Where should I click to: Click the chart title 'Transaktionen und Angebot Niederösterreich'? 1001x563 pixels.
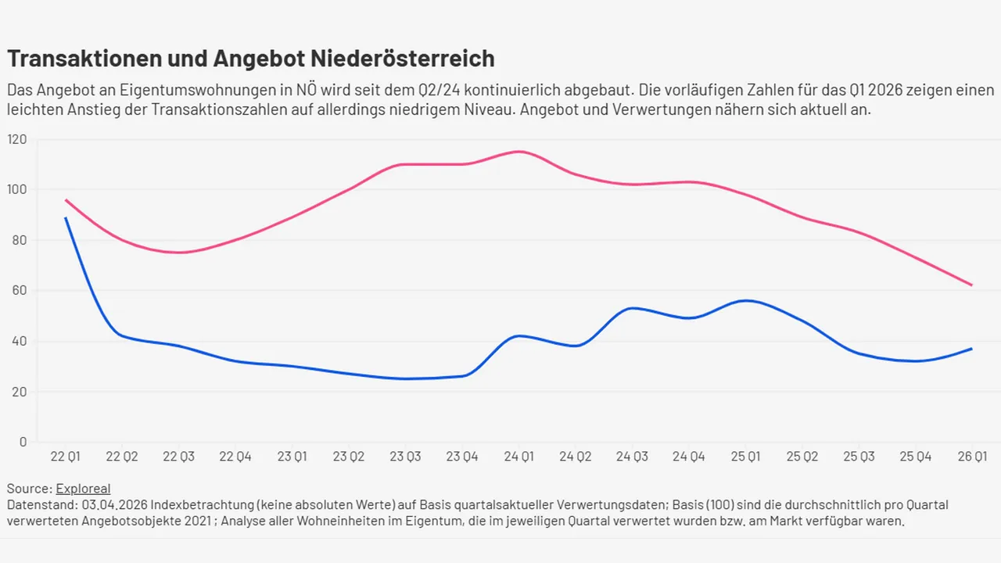pyautogui.click(x=250, y=59)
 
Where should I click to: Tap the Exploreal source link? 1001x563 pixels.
pyautogui.click(x=83, y=489)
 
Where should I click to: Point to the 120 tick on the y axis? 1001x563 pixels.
pyautogui.click(x=16, y=139)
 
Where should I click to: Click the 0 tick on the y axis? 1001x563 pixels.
pyautogui.click(x=23, y=442)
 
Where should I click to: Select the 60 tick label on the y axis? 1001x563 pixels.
pyautogui.click(x=17, y=291)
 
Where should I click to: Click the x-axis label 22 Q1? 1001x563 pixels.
pyautogui.click(x=66, y=457)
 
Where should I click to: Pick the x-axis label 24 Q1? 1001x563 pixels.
pyautogui.click(x=519, y=457)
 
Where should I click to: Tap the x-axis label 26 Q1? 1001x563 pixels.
pyautogui.click(x=971, y=457)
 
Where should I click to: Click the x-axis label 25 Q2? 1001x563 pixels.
pyautogui.click(x=802, y=457)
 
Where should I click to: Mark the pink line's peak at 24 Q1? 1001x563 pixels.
pyautogui.click(x=519, y=152)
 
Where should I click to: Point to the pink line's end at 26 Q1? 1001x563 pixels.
pyautogui.click(x=971, y=285)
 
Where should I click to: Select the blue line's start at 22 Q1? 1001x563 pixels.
pyautogui.click(x=66, y=218)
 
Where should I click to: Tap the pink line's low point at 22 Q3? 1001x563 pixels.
pyautogui.click(x=180, y=252)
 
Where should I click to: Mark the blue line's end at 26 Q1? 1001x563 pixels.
pyautogui.click(x=971, y=349)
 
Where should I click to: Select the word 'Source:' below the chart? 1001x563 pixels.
pyautogui.click(x=29, y=489)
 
